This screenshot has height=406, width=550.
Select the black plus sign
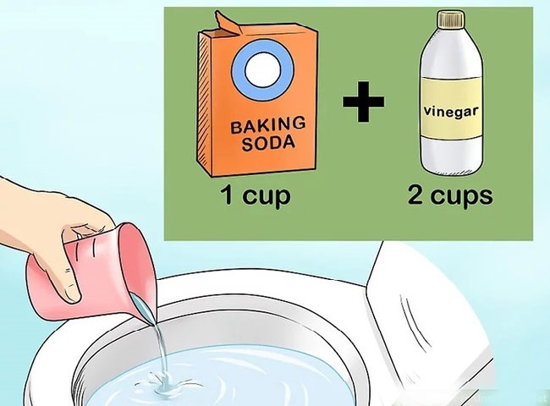(x=363, y=104)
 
